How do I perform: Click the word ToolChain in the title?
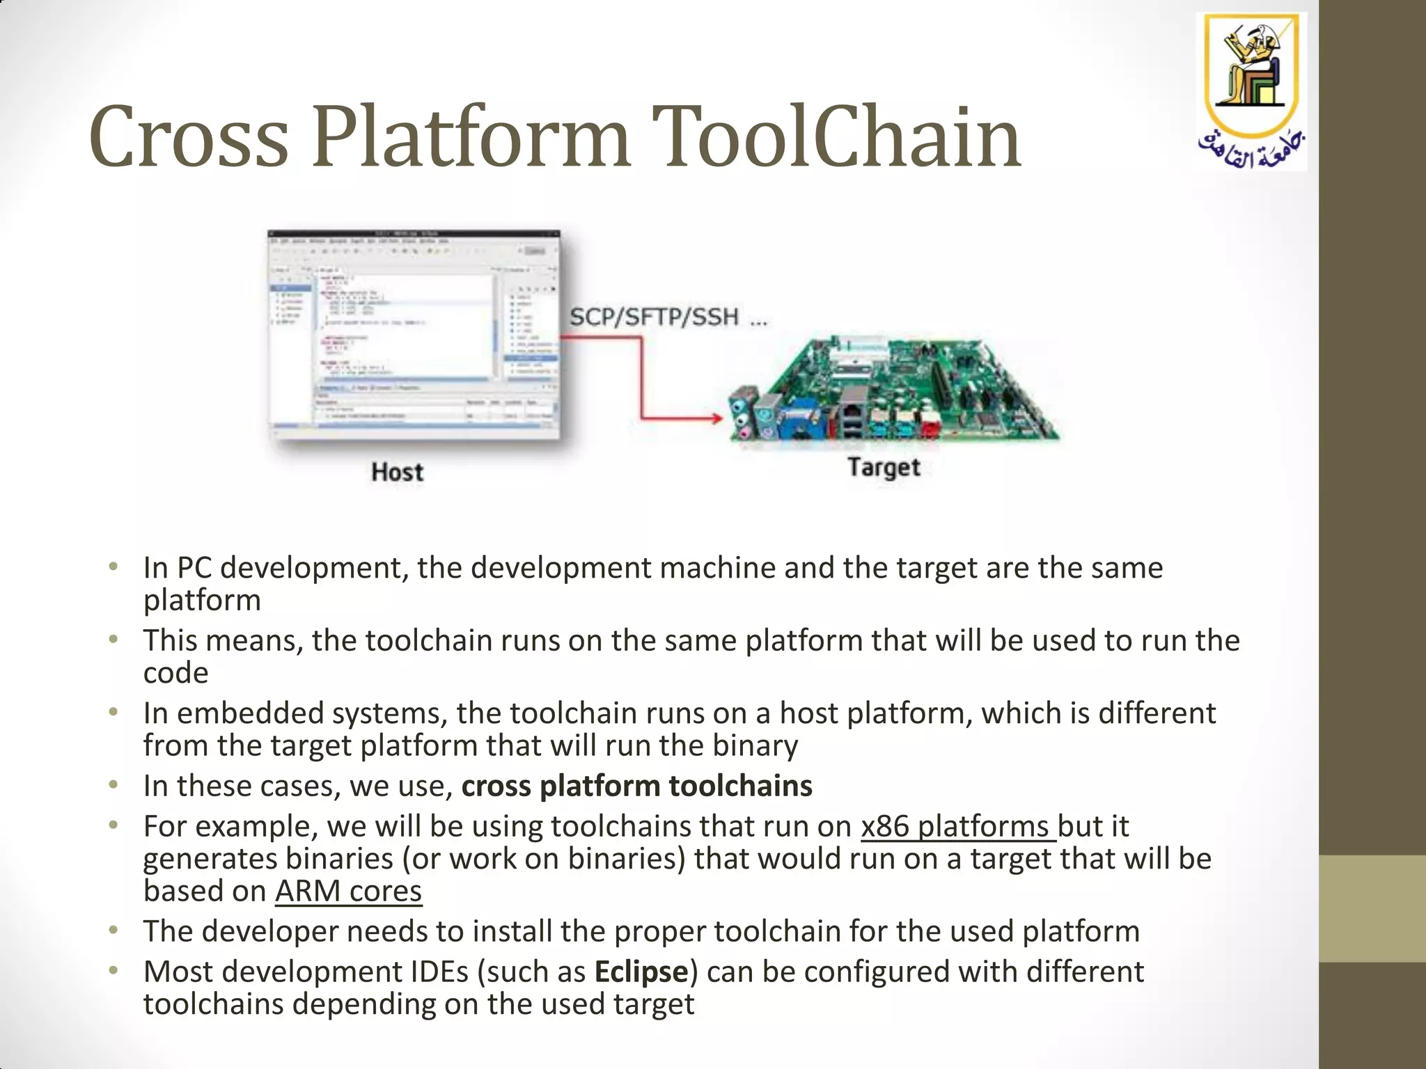[839, 137]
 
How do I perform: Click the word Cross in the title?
[188, 137]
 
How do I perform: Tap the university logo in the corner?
[1251, 90]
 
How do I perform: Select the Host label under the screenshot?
[397, 472]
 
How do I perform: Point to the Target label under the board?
[884, 467]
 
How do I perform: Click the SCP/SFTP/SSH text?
[655, 318]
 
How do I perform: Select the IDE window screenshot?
[414, 334]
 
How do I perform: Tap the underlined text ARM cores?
[348, 891]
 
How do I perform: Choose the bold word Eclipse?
[641, 972]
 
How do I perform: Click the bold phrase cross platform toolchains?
[636, 786]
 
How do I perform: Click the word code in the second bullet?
[175, 673]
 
